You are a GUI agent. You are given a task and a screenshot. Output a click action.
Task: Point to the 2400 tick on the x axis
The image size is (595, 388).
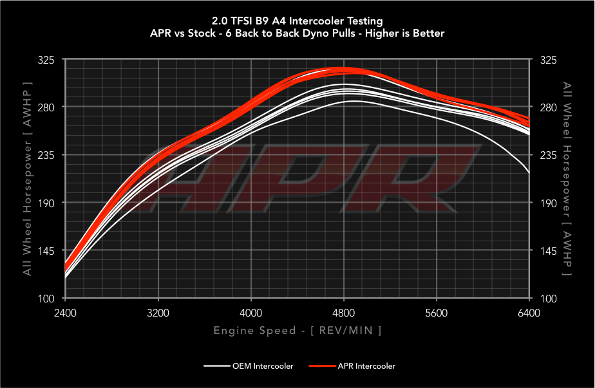coord(65,313)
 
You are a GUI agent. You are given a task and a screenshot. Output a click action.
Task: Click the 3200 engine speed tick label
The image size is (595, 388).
coord(158,313)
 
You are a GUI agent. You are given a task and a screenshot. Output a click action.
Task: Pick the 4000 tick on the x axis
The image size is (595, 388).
coord(250,313)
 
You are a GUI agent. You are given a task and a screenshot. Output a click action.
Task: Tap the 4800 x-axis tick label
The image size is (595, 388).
coord(343,313)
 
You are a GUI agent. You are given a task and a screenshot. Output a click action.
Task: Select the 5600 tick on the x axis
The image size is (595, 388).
coord(437,313)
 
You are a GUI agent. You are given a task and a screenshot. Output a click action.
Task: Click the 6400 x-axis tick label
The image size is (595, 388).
coord(529,313)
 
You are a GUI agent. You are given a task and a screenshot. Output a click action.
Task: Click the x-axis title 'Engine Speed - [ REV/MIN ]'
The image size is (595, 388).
coord(297,331)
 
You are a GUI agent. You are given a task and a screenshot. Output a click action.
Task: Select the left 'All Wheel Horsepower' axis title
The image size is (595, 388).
coord(27,179)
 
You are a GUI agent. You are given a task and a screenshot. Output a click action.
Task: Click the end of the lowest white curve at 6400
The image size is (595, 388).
coord(529,172)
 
